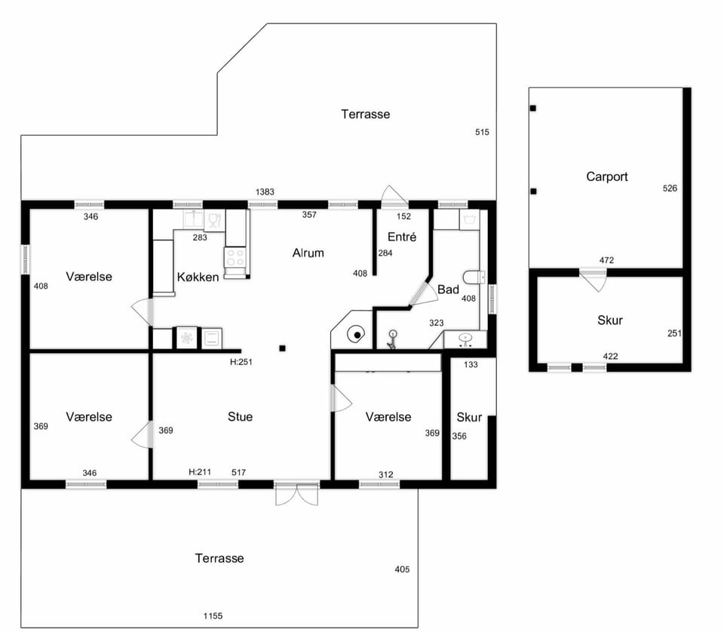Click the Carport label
click(x=606, y=176)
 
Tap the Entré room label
click(x=402, y=237)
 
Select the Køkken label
click(x=198, y=277)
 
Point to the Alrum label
click(x=308, y=253)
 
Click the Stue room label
click(x=240, y=417)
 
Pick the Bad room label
click(x=448, y=290)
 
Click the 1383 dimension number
click(x=265, y=192)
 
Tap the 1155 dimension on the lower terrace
click(x=213, y=616)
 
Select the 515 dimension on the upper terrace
click(x=482, y=133)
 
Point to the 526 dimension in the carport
click(x=670, y=189)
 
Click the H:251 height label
click(x=241, y=363)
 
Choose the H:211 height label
click(x=200, y=472)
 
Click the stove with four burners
click(x=235, y=258)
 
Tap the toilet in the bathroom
click(x=474, y=277)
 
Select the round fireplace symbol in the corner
click(x=357, y=335)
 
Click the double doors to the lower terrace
click(x=297, y=493)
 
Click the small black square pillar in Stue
click(x=283, y=348)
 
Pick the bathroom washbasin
click(x=465, y=339)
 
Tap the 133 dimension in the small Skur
click(x=471, y=365)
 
